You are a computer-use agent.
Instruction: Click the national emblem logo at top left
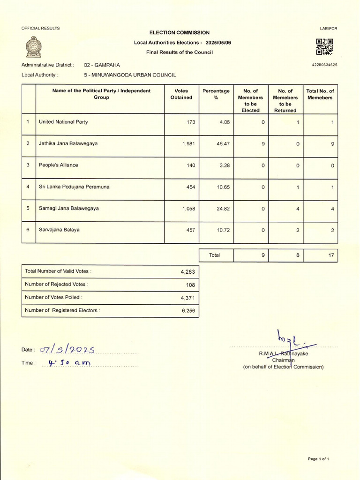(33, 47)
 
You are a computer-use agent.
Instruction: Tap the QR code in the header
(324, 47)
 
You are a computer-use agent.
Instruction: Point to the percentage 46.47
(222, 143)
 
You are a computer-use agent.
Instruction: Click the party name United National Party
(63, 122)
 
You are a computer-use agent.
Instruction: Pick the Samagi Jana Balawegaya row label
(69, 208)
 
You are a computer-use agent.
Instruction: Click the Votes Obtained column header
(181, 94)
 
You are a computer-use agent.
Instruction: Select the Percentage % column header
(216, 94)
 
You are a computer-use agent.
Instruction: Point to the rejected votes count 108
(190, 285)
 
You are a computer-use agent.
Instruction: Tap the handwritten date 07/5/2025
(67, 349)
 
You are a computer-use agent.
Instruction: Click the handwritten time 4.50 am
(68, 362)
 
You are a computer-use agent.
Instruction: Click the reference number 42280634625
(324, 65)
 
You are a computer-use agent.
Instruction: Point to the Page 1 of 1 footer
(318, 459)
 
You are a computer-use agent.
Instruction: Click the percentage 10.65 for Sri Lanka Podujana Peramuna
(222, 187)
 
